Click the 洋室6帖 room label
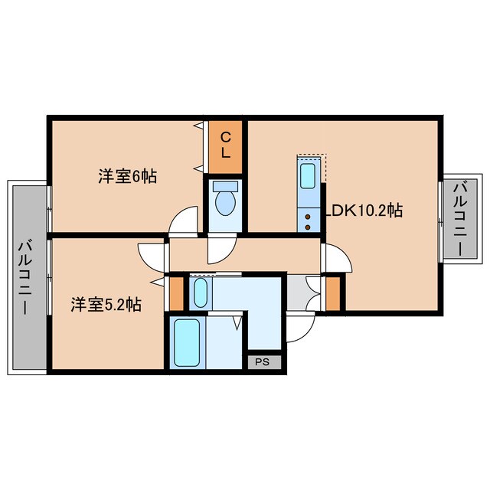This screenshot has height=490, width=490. pos(127,177)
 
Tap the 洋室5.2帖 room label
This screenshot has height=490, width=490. pos(106,305)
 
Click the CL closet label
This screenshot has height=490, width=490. pos(226,145)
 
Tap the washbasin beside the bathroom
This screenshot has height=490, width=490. pos(199,292)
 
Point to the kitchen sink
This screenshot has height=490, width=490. pos(308,177)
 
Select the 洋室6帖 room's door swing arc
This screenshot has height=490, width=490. pos(182,223)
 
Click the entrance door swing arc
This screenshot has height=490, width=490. pos(301,325)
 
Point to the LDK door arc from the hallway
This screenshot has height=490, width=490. pos(336,260)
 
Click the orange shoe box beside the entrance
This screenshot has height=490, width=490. pos(333,293)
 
